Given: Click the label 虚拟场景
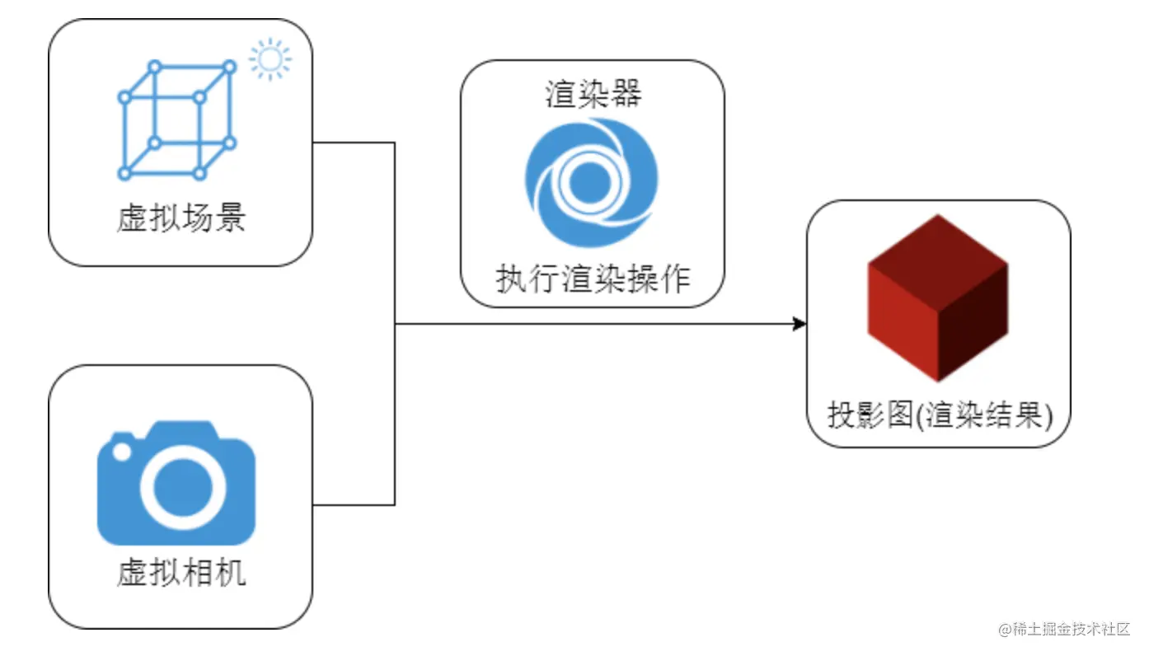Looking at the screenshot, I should click(x=181, y=219).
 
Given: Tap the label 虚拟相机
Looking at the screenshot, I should click(x=181, y=572).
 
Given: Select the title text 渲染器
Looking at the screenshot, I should click(x=593, y=94).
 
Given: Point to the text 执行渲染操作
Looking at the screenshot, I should click(x=593, y=280).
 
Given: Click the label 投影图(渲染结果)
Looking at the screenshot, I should click(x=940, y=415).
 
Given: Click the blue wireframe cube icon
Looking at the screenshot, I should click(x=176, y=119).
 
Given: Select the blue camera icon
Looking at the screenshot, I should click(x=176, y=485).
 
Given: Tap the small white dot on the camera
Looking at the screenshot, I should click(x=121, y=452).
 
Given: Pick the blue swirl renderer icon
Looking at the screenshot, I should click(x=591, y=182).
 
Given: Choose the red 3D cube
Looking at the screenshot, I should click(x=938, y=298).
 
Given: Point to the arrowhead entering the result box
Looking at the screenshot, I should click(x=799, y=324).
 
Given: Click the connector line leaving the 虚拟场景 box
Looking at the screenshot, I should click(x=354, y=143).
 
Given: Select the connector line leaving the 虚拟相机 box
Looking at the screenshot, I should click(x=354, y=505).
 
